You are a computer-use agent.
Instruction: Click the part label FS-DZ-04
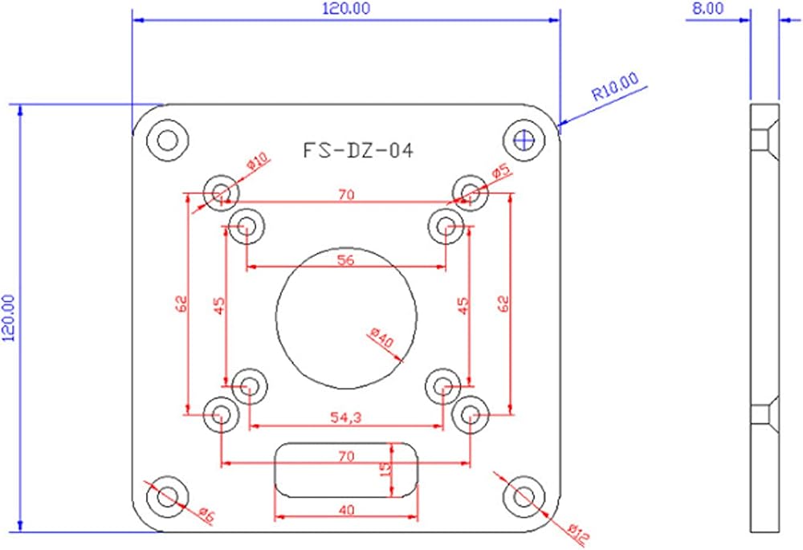[x=358, y=151]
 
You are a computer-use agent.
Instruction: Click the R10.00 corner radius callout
[x=615, y=87]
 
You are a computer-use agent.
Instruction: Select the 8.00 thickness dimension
[x=709, y=9]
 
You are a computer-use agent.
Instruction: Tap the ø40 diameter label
[x=382, y=339]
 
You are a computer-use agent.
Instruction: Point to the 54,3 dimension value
[x=345, y=418]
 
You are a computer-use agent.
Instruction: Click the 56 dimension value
[x=345, y=260]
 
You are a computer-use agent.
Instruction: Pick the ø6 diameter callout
[x=206, y=515]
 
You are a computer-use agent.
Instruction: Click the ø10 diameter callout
[x=258, y=162]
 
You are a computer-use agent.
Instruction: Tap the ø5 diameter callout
[x=501, y=171]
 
